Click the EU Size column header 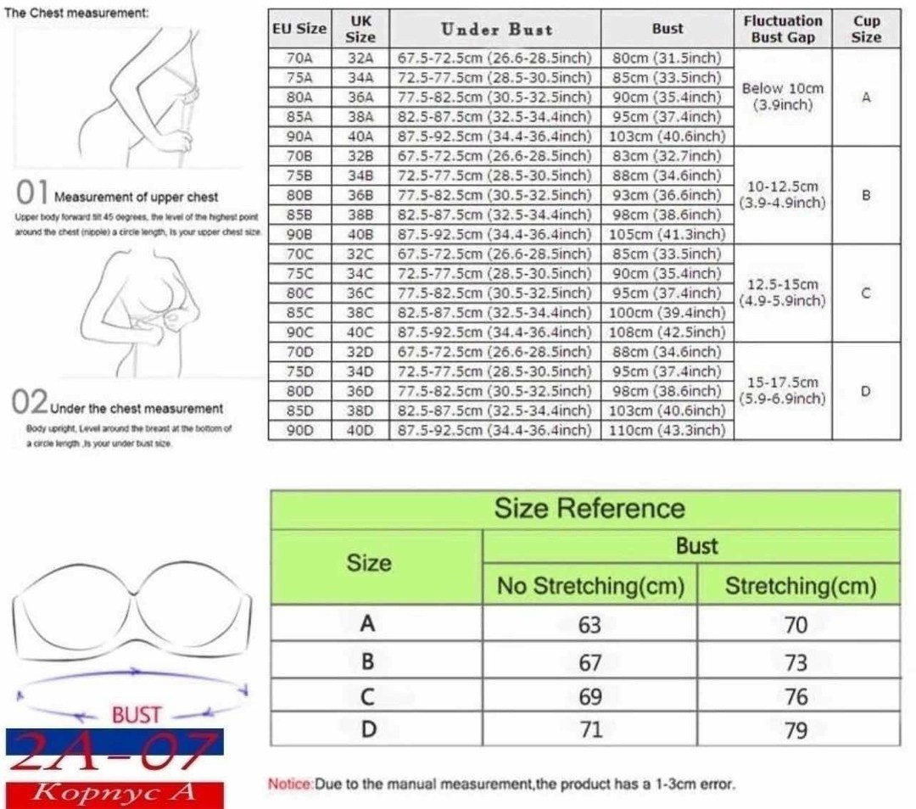[299, 29]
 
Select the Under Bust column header [495, 29]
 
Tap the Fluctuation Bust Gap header [783, 29]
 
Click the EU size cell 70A [299, 58]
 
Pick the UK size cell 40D [360, 430]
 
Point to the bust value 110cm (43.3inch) [667, 430]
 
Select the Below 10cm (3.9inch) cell [783, 97]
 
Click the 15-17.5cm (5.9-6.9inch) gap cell [783, 391]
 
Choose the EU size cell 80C [299, 293]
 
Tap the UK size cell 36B [360, 195]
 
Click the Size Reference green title [589, 509]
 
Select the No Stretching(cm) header [589, 585]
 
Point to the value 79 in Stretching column [796, 730]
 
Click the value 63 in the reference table [589, 625]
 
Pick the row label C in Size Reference [367, 696]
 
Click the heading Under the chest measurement [137, 409]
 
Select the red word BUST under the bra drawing [137, 715]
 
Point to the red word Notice [291, 784]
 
